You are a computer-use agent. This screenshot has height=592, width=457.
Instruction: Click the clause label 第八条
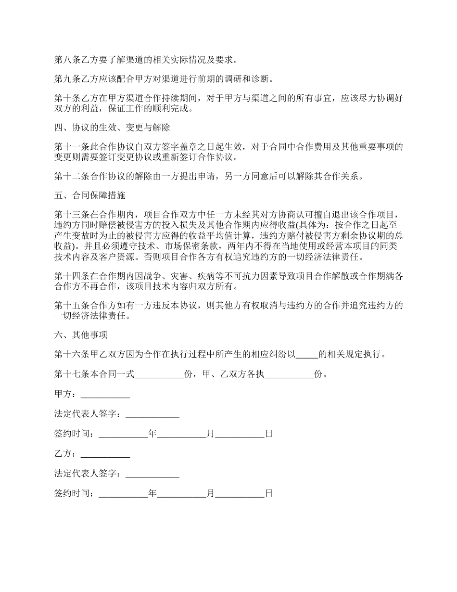point(65,60)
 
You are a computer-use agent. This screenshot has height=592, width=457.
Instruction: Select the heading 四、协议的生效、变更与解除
point(112,129)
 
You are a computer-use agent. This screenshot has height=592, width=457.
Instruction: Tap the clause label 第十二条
point(69,176)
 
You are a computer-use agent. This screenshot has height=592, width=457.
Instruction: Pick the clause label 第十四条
point(69,276)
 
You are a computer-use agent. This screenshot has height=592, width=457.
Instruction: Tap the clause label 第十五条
point(69,306)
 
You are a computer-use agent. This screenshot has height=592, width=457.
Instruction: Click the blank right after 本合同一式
point(159,374)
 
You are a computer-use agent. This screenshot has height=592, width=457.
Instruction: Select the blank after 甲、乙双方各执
point(289,374)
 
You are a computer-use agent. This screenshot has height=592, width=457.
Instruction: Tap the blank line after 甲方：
point(105,394)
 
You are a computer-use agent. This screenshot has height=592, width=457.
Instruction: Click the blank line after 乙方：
point(105,454)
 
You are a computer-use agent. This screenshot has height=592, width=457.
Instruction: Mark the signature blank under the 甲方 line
point(152,414)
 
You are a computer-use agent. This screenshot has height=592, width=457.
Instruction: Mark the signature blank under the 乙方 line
point(152,474)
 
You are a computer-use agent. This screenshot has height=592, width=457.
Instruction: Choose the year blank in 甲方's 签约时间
point(124,434)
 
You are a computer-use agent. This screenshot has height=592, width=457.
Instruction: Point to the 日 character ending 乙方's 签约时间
point(269,493)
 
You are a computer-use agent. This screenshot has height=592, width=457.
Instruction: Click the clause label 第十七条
point(69,374)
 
